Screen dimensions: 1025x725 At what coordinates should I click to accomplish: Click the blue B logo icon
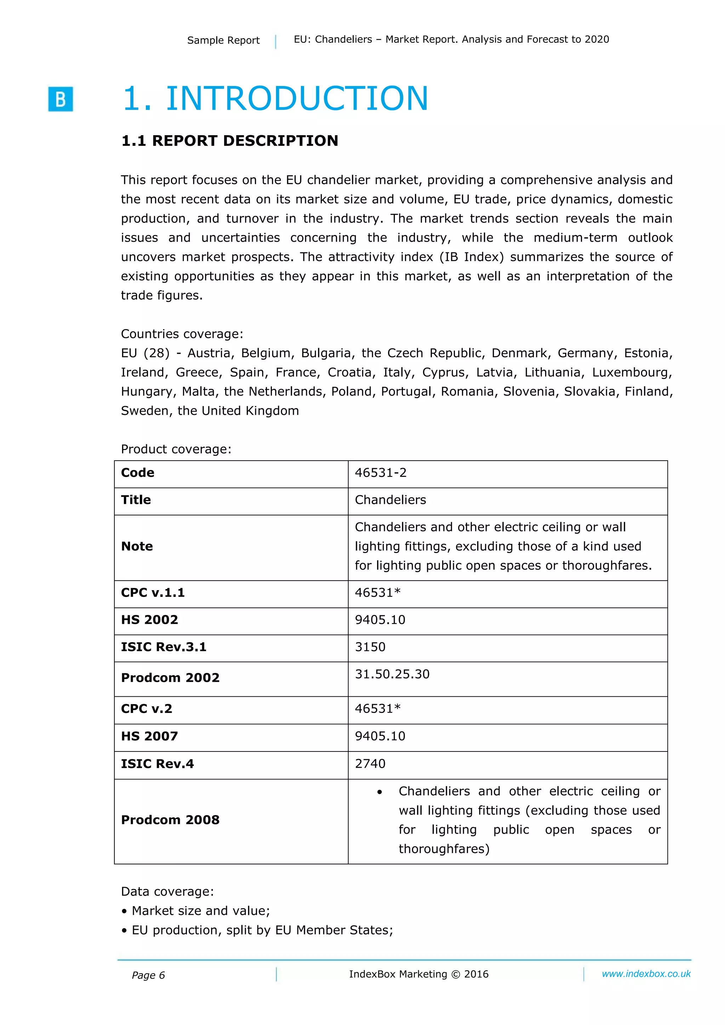click(x=60, y=99)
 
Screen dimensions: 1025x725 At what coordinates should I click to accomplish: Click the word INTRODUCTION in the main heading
click(x=297, y=99)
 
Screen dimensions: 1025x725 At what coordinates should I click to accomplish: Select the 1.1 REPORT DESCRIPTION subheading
click(x=230, y=140)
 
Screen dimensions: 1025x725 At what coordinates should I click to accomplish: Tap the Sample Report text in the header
click(x=223, y=40)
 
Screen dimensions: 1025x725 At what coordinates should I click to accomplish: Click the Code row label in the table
click(x=138, y=473)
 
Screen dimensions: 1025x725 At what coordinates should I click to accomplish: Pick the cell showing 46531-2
click(x=381, y=473)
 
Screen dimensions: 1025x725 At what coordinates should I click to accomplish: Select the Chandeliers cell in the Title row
click(x=390, y=500)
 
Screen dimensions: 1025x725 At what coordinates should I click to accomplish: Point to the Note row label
click(x=137, y=546)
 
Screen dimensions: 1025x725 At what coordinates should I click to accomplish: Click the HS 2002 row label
click(x=149, y=620)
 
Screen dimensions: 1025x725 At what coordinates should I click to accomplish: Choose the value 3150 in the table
click(x=370, y=647)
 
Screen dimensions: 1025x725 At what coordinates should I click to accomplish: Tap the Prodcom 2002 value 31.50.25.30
click(x=392, y=674)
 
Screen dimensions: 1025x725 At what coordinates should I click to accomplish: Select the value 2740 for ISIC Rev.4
click(x=370, y=764)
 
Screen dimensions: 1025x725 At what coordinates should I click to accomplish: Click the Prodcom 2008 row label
click(x=170, y=820)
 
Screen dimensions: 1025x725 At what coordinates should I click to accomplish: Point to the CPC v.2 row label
click(x=147, y=709)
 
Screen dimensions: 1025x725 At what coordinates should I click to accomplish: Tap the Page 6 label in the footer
click(x=148, y=975)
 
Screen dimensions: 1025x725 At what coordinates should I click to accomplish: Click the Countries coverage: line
click(x=182, y=334)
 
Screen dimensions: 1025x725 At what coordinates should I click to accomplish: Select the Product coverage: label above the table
click(x=176, y=449)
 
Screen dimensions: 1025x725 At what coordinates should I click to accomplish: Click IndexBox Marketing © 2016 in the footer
click(x=418, y=974)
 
